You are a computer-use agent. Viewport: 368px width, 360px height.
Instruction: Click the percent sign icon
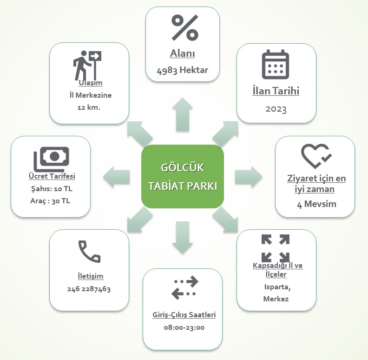[x=184, y=27]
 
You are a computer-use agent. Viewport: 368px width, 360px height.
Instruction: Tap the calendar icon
[x=276, y=64]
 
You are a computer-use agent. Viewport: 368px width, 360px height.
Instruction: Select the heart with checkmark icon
[x=316, y=156]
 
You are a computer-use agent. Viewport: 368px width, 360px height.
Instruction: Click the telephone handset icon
[x=89, y=252]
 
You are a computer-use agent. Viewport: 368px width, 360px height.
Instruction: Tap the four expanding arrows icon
[x=276, y=248]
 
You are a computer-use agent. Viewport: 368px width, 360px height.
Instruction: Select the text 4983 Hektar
[x=183, y=70]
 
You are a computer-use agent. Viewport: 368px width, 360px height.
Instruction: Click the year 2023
[x=276, y=109]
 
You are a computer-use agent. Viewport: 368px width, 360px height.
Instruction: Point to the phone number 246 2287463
[x=89, y=289]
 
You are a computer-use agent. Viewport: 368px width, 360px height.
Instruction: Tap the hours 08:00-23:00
[x=184, y=327]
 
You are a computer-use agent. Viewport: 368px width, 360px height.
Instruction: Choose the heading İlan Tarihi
[x=276, y=91]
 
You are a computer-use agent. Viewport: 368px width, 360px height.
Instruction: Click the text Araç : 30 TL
[x=51, y=201]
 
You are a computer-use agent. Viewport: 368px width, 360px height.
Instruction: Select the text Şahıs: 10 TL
[x=51, y=189]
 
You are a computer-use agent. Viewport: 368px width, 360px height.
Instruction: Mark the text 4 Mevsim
[x=316, y=204]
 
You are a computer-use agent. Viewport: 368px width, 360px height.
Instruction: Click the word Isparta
[x=277, y=287]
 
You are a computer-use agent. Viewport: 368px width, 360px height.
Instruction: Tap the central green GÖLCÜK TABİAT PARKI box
[x=183, y=176]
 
